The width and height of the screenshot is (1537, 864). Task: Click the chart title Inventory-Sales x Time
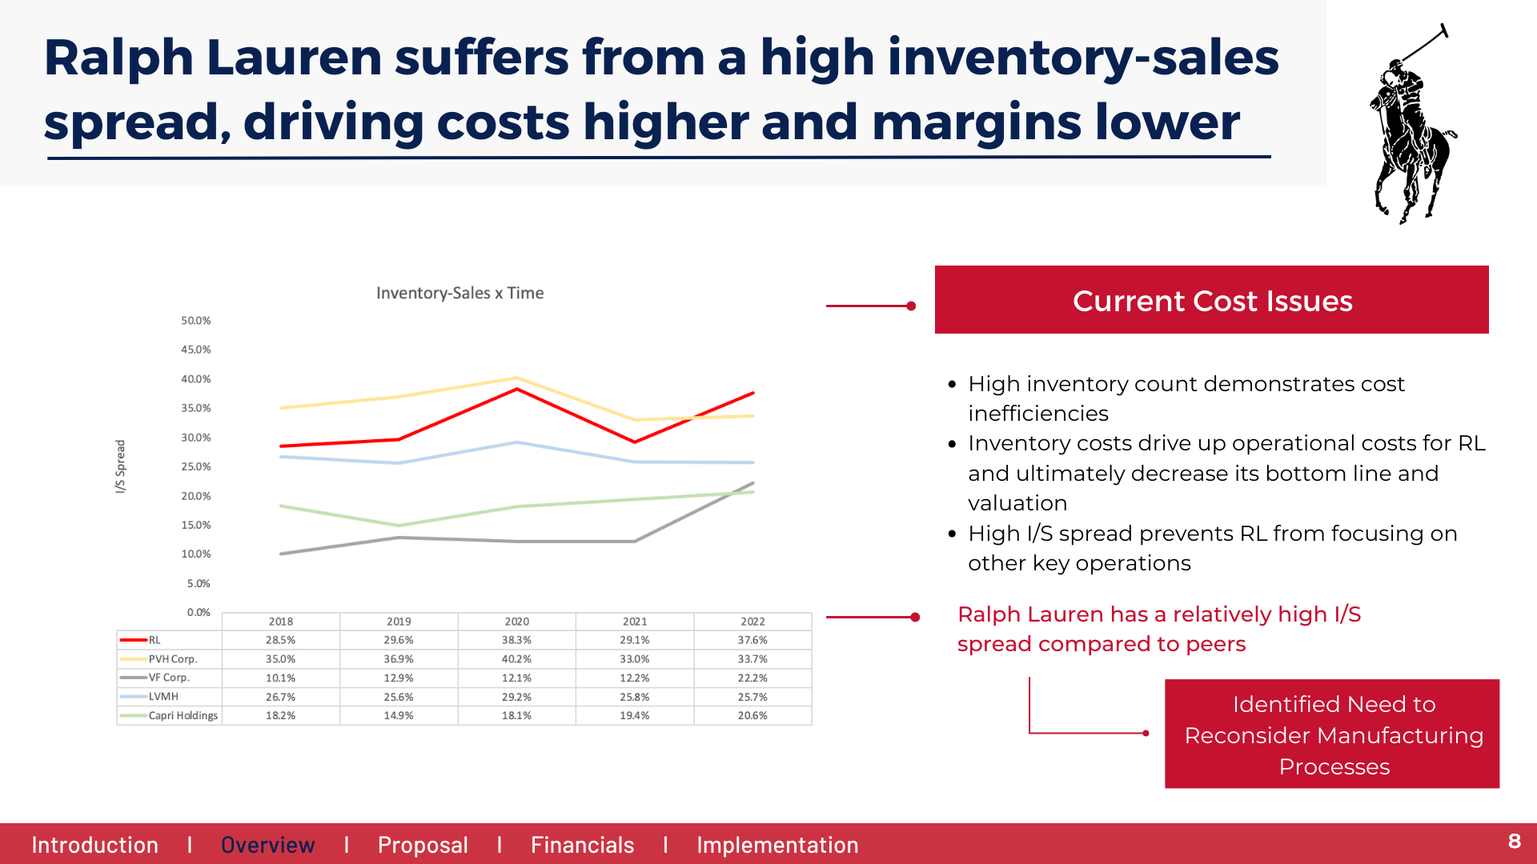click(x=459, y=294)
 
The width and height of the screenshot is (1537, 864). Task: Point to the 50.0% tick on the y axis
click(x=196, y=321)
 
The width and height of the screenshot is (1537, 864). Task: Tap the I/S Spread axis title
click(x=121, y=466)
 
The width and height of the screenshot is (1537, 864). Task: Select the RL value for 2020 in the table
click(x=516, y=640)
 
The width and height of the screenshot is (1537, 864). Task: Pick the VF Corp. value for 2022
click(x=752, y=678)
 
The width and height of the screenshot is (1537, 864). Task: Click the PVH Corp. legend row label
click(x=173, y=659)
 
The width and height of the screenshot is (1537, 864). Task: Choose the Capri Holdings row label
click(x=183, y=715)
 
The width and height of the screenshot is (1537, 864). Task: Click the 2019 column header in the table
click(x=399, y=622)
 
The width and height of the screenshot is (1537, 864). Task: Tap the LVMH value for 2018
click(x=280, y=697)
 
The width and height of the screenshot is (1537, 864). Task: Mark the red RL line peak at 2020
click(x=517, y=389)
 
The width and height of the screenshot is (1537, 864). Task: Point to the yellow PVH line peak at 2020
click(x=517, y=378)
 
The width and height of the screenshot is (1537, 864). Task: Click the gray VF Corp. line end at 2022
click(x=753, y=483)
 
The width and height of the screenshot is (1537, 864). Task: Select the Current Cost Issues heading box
click(x=1211, y=300)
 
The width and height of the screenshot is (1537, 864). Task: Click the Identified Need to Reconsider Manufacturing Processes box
click(x=1332, y=734)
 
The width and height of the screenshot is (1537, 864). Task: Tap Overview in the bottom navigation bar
click(x=267, y=845)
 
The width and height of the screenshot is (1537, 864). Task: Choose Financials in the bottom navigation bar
click(x=582, y=845)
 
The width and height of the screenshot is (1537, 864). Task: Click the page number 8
click(x=1514, y=842)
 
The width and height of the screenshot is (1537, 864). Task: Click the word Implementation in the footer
click(x=777, y=845)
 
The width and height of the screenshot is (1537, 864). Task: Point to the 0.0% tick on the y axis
click(x=199, y=613)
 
